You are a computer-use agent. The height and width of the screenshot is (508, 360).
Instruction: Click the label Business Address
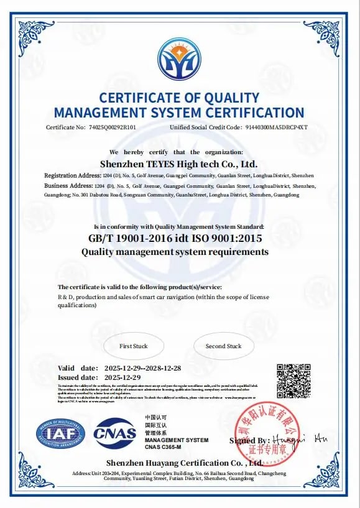point(66,186)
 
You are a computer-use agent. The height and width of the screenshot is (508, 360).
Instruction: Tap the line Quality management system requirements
point(175,252)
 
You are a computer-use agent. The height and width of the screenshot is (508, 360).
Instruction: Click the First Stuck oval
point(134,346)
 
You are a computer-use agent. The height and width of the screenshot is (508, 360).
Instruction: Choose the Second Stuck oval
point(224,346)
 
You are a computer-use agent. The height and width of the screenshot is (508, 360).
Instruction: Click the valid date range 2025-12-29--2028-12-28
point(143,367)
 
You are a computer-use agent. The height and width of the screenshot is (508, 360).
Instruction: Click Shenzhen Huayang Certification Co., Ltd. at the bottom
point(184,463)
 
